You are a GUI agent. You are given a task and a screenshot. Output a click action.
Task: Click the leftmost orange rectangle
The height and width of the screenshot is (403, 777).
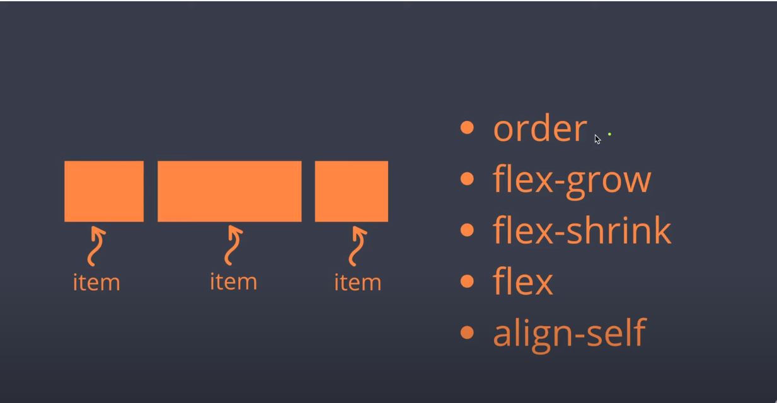coord(104,191)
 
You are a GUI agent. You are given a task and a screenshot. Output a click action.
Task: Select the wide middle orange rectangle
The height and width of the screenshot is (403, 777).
coord(229,191)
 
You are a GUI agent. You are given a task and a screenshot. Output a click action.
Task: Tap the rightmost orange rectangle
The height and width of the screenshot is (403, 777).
coord(352,191)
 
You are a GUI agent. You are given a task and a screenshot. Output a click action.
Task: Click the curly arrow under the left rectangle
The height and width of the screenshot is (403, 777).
coord(96,246)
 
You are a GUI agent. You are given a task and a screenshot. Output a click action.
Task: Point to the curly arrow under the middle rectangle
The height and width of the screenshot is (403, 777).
coord(233,246)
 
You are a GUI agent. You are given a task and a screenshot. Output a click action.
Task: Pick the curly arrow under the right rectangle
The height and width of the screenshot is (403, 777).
coord(357,246)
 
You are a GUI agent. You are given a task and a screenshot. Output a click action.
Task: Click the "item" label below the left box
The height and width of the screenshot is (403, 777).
coord(96,281)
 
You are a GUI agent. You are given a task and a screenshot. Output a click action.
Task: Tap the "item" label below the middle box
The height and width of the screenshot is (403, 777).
coord(233,281)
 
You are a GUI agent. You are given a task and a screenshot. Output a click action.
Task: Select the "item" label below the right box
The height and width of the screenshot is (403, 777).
coord(357,281)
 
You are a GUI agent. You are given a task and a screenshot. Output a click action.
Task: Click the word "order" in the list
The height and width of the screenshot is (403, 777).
coord(539,128)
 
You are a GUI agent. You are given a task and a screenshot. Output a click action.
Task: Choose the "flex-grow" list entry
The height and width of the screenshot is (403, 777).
coord(572,180)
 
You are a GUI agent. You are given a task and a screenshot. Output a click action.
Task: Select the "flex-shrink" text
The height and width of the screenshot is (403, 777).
coord(582,230)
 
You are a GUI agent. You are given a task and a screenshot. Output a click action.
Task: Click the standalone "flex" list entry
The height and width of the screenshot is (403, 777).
coord(522,281)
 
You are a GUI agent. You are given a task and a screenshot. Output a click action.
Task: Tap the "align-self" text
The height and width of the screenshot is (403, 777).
coord(569,332)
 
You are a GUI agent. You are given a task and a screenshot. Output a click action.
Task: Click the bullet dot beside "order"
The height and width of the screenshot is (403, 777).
coord(467,128)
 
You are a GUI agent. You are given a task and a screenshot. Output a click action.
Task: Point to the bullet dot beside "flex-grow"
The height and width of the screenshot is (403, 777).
coord(467,179)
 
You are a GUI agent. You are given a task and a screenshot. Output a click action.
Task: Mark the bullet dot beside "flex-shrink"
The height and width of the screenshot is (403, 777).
coord(467,230)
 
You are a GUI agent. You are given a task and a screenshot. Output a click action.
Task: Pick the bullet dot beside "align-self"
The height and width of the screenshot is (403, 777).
coord(467,332)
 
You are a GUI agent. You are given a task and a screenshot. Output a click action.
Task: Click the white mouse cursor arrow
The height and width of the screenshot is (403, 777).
coord(597,139)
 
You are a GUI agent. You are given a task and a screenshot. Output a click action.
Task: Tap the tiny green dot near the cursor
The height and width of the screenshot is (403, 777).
coord(609,134)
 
